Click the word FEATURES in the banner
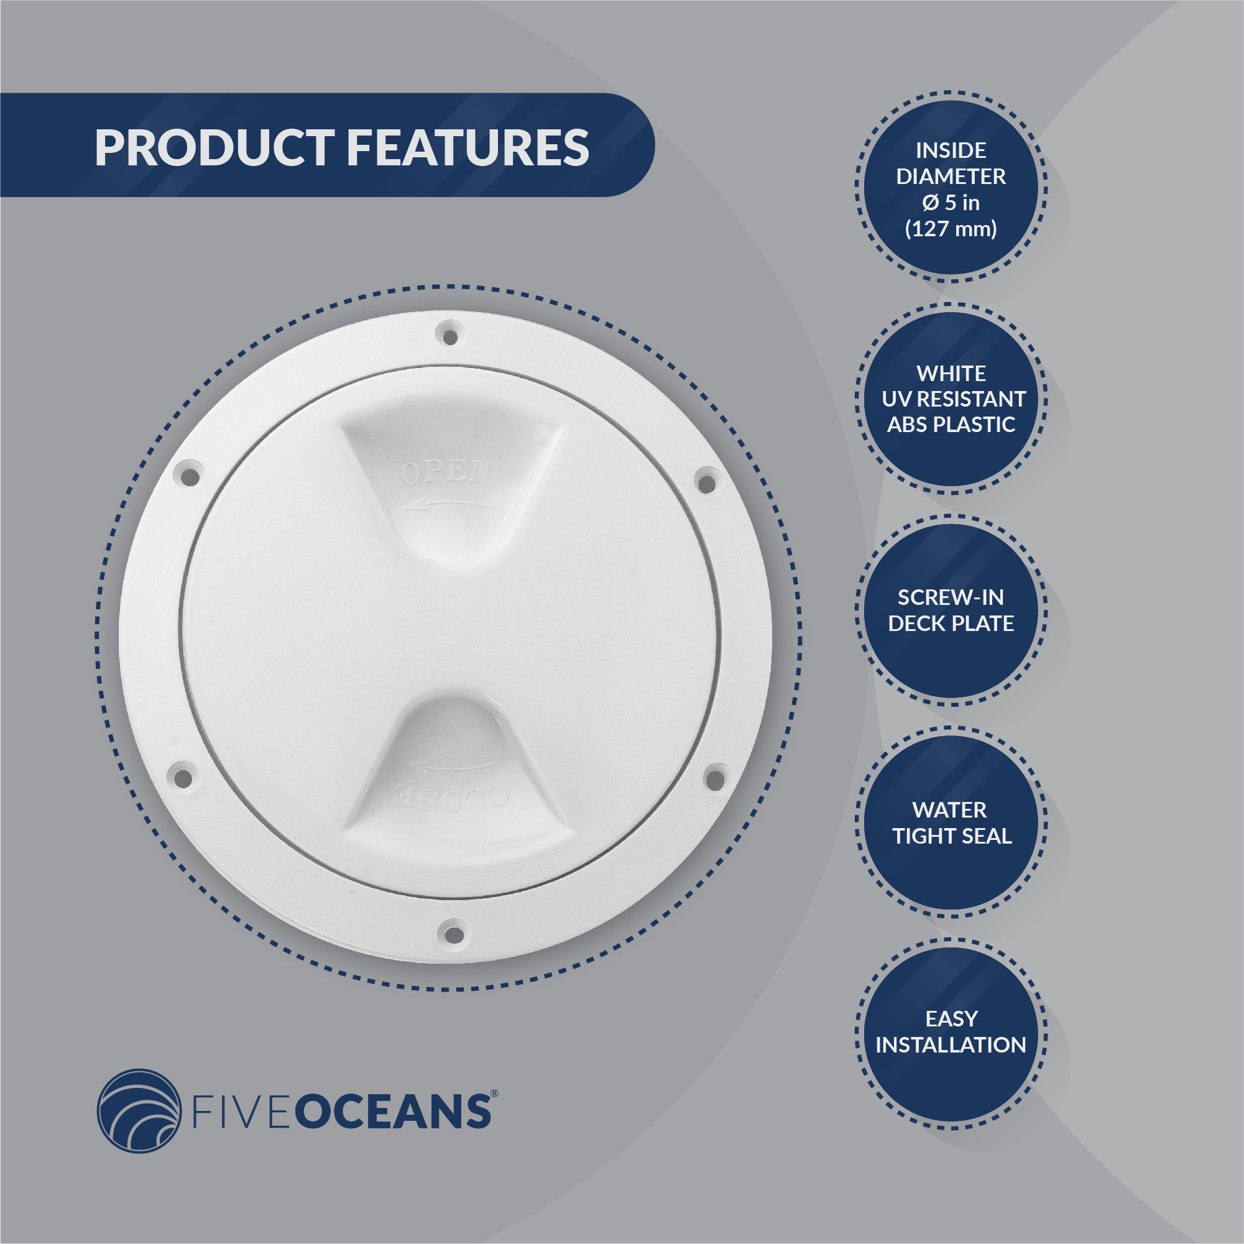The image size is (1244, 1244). tap(468, 147)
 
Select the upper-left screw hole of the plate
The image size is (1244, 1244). tap(189, 476)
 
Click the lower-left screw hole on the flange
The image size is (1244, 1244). tap(183, 776)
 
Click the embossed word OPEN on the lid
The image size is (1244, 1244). tap(446, 472)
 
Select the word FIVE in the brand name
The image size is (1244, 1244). tap(247, 1112)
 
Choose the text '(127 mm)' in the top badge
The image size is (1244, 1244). tap(951, 229)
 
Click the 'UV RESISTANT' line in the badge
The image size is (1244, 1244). tap(954, 399)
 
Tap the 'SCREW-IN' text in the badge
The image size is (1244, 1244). tap(951, 597)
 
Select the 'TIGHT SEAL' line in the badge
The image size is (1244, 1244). tap(952, 836)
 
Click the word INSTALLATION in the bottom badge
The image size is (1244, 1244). tap(951, 1045)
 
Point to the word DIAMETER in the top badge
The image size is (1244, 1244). tap(951, 177)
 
